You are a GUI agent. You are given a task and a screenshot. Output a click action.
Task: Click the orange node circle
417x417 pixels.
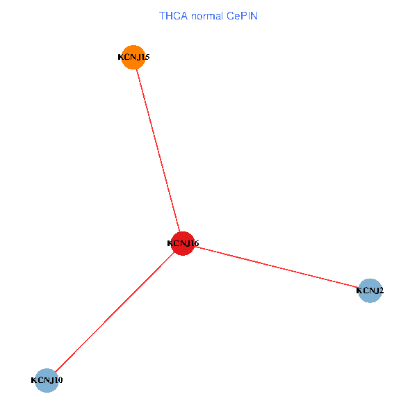pos(133,57)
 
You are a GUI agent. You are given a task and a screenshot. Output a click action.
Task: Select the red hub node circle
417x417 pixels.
pos(183,243)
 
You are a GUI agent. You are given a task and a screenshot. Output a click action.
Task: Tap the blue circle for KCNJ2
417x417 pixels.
pos(370,290)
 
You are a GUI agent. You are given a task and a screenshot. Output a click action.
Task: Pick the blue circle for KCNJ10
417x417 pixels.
pos(47,380)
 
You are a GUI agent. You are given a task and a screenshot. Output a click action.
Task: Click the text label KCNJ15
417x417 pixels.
pos(133,57)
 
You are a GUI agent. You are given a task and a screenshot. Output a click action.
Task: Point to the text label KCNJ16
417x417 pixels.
pos(183,243)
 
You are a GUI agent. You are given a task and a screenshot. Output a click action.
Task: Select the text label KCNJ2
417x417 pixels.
pos(370,291)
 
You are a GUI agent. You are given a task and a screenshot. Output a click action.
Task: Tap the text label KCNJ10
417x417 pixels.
pos(47,380)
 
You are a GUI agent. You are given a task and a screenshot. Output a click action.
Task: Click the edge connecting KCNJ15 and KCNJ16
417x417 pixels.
pos(158,150)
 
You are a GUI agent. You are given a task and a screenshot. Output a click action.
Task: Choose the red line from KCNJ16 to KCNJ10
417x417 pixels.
pos(115,312)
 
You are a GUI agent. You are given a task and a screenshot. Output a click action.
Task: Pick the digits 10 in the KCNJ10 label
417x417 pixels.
pos(58,380)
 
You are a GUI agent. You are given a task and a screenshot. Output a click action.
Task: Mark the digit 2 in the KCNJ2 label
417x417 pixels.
pos(381,291)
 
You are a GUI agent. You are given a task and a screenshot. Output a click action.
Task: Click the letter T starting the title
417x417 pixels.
pos(162,15)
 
